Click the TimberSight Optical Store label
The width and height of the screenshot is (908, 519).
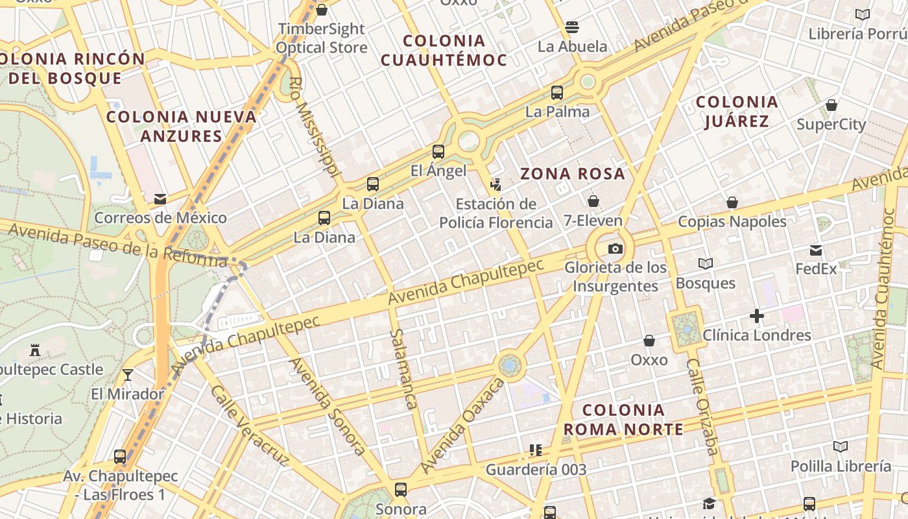(322, 38)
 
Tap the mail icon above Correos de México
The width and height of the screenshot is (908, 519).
(160, 199)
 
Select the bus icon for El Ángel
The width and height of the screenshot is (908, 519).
(438, 152)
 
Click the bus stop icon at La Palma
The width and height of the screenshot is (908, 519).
(557, 93)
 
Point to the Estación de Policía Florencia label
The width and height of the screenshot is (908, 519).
(496, 213)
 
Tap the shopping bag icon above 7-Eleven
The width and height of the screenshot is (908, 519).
(593, 201)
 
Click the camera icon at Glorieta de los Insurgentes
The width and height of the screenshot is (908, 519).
(615, 248)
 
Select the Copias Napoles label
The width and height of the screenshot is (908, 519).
(732, 221)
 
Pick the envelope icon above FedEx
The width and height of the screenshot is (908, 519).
(816, 250)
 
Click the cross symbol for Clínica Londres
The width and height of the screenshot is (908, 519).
(756, 317)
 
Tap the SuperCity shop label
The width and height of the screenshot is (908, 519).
(831, 124)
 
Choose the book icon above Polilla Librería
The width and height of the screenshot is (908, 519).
(841, 447)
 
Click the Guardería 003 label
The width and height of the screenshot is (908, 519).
(536, 469)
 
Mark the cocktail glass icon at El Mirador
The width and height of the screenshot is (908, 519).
(128, 375)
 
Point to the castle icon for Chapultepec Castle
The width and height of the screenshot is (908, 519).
(35, 351)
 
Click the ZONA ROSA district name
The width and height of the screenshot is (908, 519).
(573, 174)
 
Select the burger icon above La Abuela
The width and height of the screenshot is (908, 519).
(572, 27)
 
